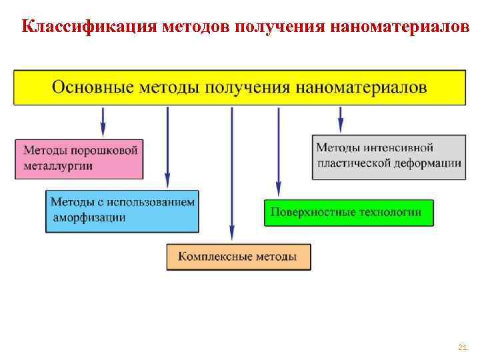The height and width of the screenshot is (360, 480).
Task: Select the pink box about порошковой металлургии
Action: [79, 159]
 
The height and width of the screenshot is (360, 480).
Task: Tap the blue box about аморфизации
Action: [123, 210]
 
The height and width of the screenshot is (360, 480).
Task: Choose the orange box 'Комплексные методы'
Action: [239, 257]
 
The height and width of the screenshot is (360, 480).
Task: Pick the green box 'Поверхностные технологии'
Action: [349, 213]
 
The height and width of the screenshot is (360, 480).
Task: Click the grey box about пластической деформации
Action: [389, 156]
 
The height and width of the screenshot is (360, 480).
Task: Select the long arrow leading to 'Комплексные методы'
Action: [231, 173]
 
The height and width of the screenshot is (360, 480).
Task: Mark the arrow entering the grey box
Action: [341, 120]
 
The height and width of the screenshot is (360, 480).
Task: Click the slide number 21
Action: [462, 347]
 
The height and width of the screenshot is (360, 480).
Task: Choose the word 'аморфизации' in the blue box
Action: [88, 217]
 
